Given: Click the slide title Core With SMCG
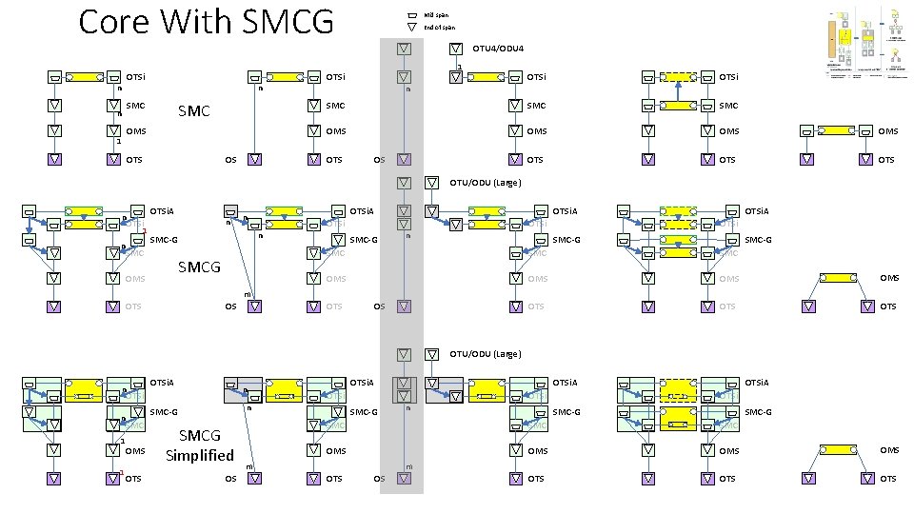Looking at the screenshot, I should [x=206, y=21].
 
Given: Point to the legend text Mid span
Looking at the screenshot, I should [x=436, y=15].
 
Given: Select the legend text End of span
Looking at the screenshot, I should [x=439, y=28].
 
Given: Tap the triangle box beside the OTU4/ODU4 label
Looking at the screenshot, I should [x=456, y=48].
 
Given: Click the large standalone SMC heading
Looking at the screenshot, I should [x=194, y=111].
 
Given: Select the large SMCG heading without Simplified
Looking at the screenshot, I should [x=199, y=267].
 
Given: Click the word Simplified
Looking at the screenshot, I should [x=199, y=455].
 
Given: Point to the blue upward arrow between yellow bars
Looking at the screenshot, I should [x=676, y=91].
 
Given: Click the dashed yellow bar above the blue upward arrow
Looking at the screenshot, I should [x=676, y=76].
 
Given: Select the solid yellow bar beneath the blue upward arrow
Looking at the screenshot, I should [x=676, y=105].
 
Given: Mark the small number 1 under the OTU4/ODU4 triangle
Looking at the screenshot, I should [x=459, y=66].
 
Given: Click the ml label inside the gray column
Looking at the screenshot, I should [x=408, y=466].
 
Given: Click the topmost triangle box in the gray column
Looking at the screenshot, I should [x=404, y=48].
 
